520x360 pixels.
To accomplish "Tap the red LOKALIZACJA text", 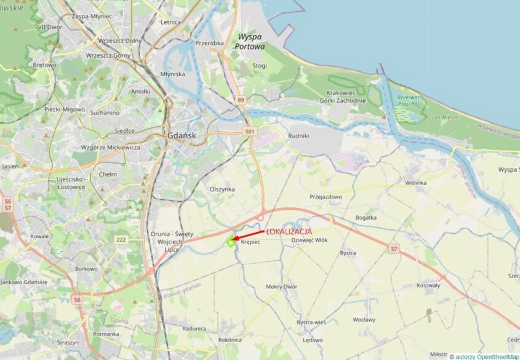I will pyautogui.click(x=289, y=231).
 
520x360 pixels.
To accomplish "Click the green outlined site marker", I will pyautogui.click(x=230, y=242).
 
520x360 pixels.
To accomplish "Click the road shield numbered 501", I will pyautogui.click(x=249, y=131).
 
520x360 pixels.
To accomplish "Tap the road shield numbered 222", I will pyautogui.click(x=121, y=238).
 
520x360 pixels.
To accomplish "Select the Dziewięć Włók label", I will pyautogui.click(x=309, y=241).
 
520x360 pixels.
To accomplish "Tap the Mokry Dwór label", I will pyautogui.click(x=281, y=287).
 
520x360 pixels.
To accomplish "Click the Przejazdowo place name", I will pyautogui.click(x=326, y=196).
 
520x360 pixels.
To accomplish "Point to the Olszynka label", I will pyautogui.click(x=222, y=189).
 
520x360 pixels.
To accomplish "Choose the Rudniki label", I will pyautogui.click(x=298, y=136).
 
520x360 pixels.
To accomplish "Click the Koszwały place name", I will pyautogui.click(x=428, y=285).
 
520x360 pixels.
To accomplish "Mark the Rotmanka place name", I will pyautogui.click(x=106, y=334).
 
